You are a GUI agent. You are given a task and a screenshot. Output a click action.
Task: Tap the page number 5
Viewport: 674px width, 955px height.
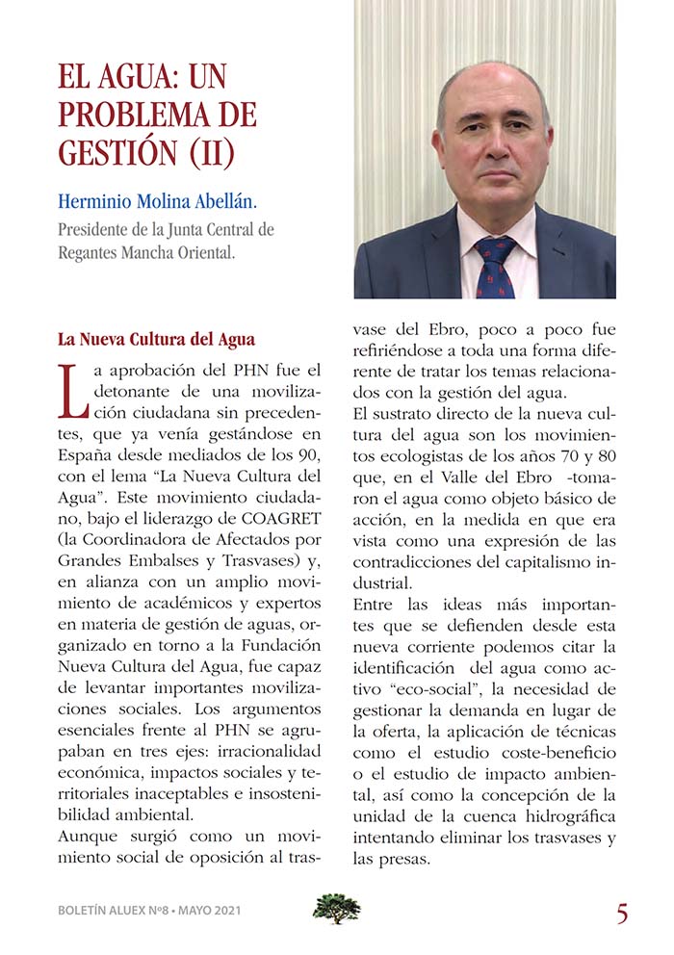(622, 914)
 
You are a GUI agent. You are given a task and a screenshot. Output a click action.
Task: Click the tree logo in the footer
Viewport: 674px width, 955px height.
(336, 908)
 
